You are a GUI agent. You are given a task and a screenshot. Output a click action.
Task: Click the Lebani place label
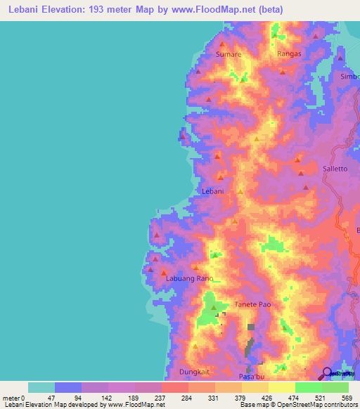point(212,191)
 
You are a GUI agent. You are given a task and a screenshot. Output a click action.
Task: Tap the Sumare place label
point(229,54)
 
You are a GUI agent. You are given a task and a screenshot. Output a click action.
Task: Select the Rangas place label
point(289,54)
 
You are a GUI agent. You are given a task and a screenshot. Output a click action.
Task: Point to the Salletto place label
point(335,169)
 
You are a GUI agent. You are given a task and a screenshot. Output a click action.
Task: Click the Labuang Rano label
point(188,279)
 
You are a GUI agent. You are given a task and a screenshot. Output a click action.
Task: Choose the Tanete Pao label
point(252,304)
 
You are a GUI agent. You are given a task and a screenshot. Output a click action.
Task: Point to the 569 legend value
point(347,398)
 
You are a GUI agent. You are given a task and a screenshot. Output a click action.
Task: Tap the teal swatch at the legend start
point(41,387)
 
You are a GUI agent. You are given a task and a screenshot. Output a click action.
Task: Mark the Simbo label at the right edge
point(349,77)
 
